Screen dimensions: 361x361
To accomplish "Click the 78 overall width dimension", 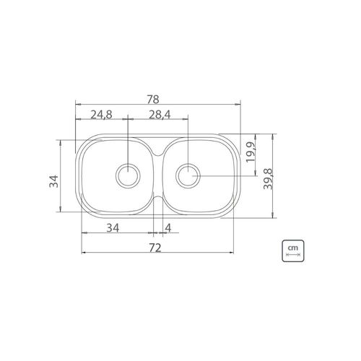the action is (x=153, y=100).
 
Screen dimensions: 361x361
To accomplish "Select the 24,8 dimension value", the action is (x=101, y=115).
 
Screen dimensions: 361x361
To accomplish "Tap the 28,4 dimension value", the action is (x=160, y=115).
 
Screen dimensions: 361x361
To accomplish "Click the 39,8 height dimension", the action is (x=267, y=179).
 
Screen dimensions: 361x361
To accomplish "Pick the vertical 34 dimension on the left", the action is (x=53, y=181).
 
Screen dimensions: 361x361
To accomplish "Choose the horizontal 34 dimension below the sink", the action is (x=113, y=227).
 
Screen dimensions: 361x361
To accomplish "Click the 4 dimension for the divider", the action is (x=168, y=227).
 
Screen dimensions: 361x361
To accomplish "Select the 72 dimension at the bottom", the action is (x=155, y=248).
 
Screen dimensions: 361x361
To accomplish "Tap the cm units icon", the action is (x=293, y=251).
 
